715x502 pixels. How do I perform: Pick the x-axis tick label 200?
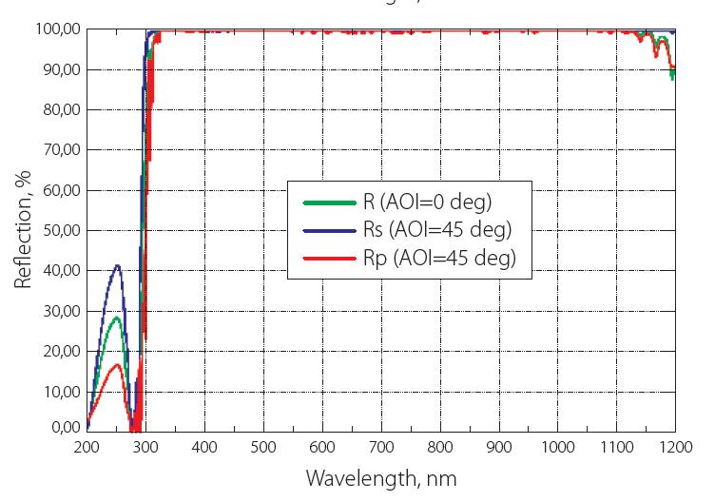(x=86, y=447)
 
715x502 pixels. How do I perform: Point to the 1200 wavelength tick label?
(x=674, y=447)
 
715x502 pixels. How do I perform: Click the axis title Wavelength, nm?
(x=380, y=478)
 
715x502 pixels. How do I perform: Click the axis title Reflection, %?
(x=22, y=228)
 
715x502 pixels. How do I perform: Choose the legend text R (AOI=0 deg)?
(x=427, y=201)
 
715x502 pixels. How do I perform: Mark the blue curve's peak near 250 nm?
(x=117, y=265)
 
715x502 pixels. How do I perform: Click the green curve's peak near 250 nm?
(x=116, y=318)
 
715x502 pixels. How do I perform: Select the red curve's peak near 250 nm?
(x=116, y=364)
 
